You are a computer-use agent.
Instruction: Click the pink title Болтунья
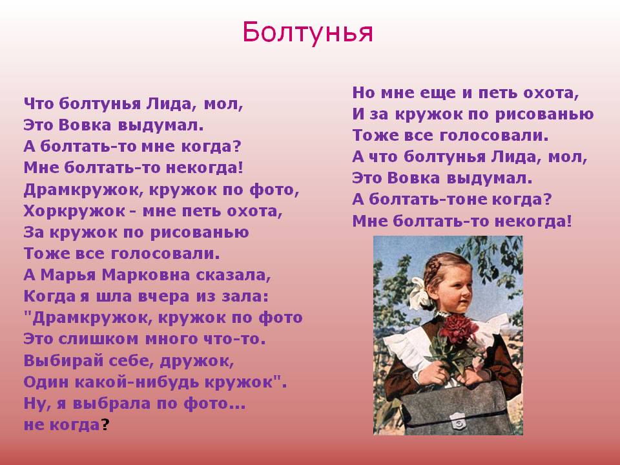(307, 32)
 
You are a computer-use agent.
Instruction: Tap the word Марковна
(146, 275)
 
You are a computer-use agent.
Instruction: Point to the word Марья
(68, 276)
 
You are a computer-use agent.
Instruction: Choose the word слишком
(99, 339)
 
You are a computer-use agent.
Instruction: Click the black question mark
(105, 425)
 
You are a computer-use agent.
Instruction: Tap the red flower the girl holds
(459, 328)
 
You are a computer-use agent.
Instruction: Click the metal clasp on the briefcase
(458, 422)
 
